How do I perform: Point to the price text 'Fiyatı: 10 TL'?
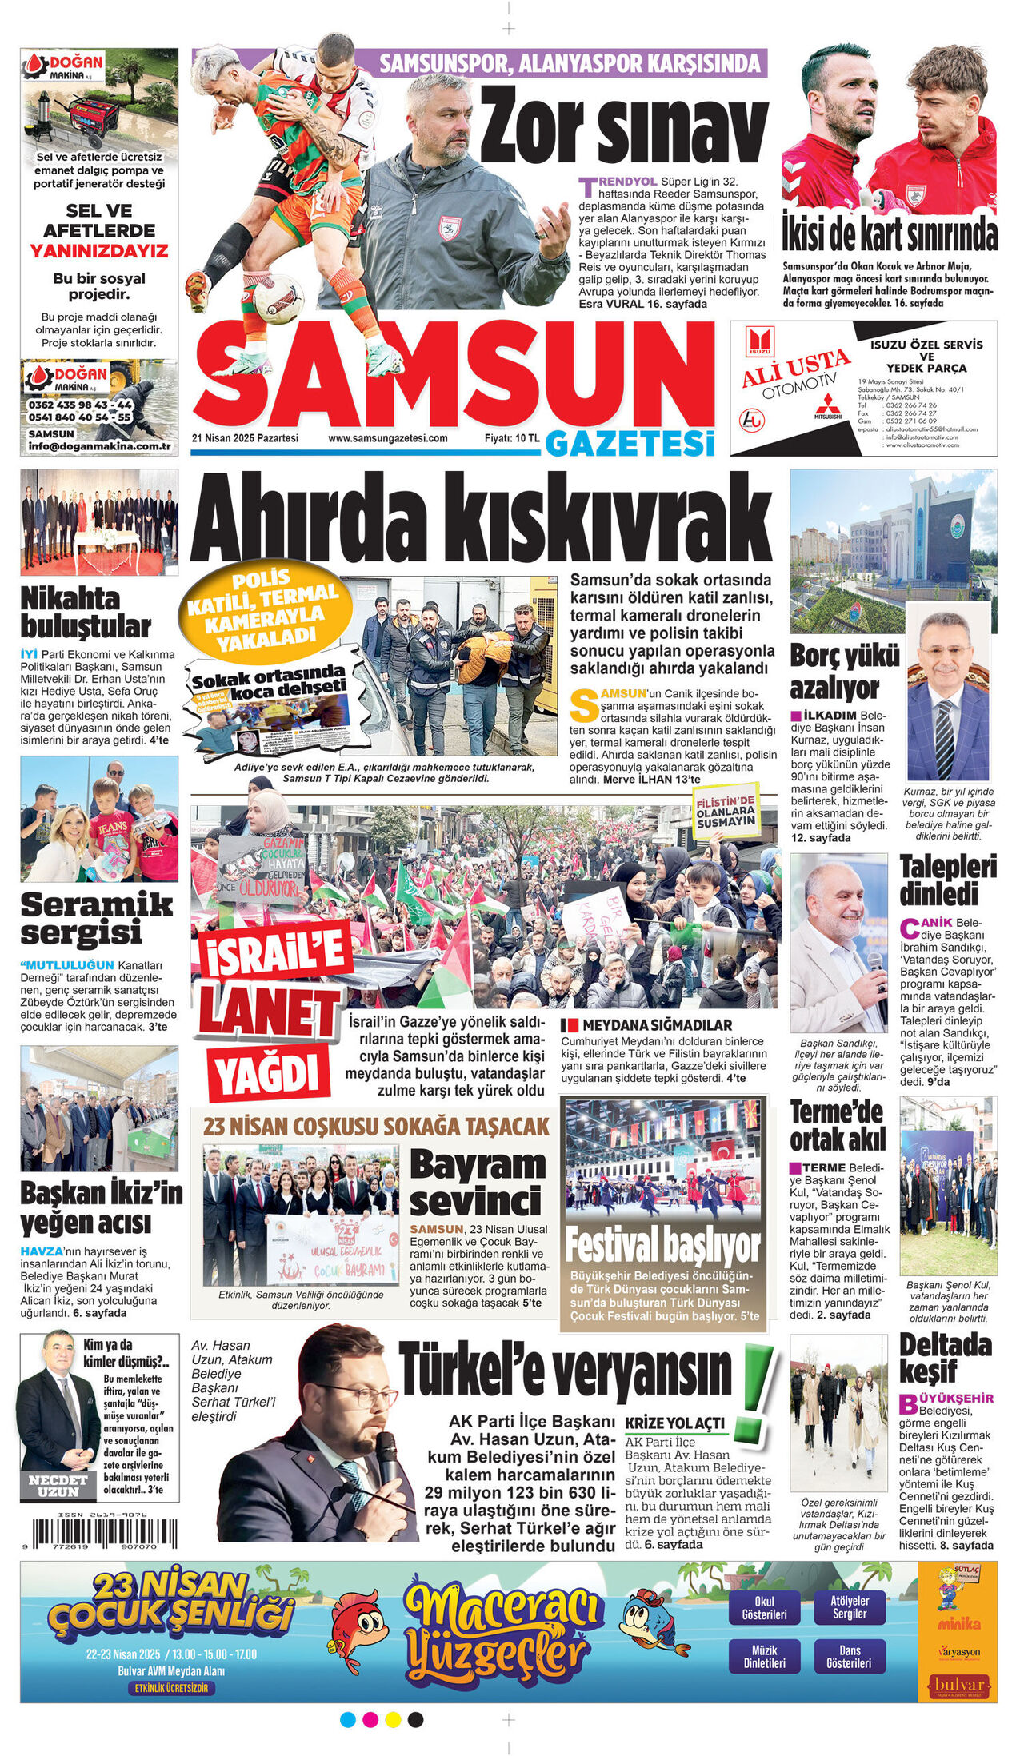click(x=512, y=438)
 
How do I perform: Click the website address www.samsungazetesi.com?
click(x=388, y=438)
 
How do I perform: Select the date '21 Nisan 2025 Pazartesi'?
click(x=245, y=438)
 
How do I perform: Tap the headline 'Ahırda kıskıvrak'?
click(x=480, y=521)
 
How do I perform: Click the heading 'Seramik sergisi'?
click(x=96, y=918)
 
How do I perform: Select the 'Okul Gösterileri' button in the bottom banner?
click(x=764, y=1608)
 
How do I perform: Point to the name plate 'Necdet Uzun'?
click(x=58, y=1485)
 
